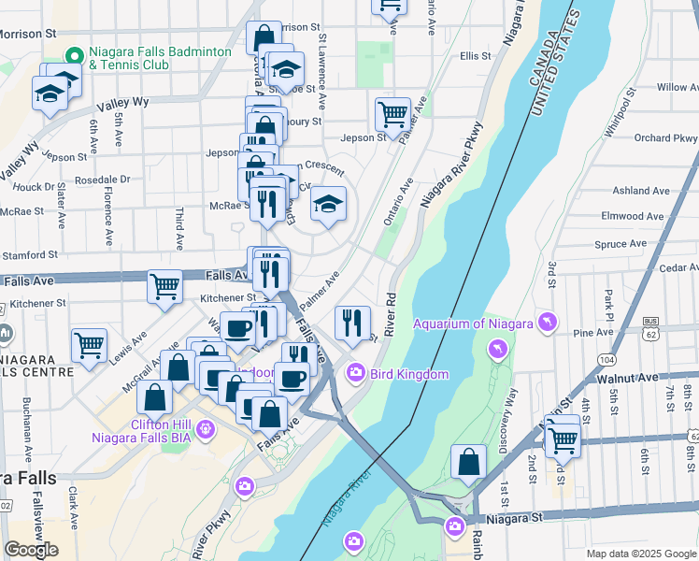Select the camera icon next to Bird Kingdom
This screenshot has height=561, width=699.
tap(355, 374)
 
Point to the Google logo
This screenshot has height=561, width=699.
tap(31, 550)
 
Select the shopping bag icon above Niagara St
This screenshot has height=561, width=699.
tap(468, 462)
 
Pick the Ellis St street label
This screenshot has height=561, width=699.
tap(475, 57)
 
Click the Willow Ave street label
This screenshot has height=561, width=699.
tap(677, 87)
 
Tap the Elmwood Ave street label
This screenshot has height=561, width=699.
tap(635, 216)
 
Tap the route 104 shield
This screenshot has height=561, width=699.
tap(607, 359)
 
